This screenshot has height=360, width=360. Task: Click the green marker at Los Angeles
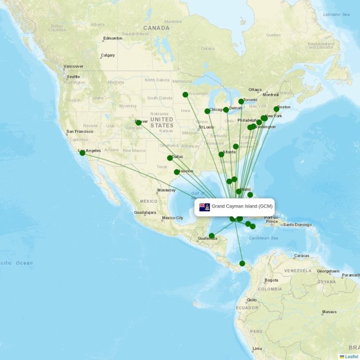coord(82,153)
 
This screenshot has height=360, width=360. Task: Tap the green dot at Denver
coord(139,122)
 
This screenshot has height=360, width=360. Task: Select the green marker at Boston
coord(276,109)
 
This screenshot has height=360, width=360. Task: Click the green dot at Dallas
coord(170,158)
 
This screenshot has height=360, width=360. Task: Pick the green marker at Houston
coord(177,172)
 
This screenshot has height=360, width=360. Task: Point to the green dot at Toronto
coord(241,102)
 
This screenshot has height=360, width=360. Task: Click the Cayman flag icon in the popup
coord(205,207)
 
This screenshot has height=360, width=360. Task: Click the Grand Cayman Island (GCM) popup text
coord(242,206)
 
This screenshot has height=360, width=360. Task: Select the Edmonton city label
coord(112,38)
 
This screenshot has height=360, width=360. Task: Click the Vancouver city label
coord(73,67)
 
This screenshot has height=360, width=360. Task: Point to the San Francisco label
coord(80,132)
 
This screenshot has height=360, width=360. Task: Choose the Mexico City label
coord(173,218)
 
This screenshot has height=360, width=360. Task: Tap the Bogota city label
coord(271,280)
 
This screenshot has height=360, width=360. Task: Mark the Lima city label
coord(257,349)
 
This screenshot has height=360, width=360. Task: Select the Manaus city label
coord(329,312)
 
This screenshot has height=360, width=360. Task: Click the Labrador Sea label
coord(336,14)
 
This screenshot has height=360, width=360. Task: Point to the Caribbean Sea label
coord(264,238)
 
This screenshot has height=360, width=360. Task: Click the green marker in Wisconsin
coord(185,94)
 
